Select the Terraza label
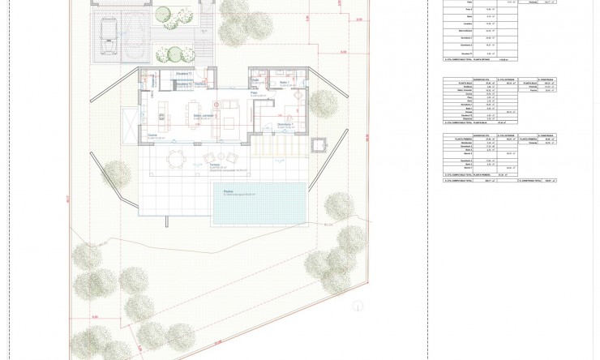(x=215, y=165)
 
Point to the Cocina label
(x=152, y=135)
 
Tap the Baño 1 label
(x=284, y=83)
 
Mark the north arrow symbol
(x=358, y=306)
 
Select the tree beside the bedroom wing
(x=323, y=103)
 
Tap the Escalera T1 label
(x=182, y=74)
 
